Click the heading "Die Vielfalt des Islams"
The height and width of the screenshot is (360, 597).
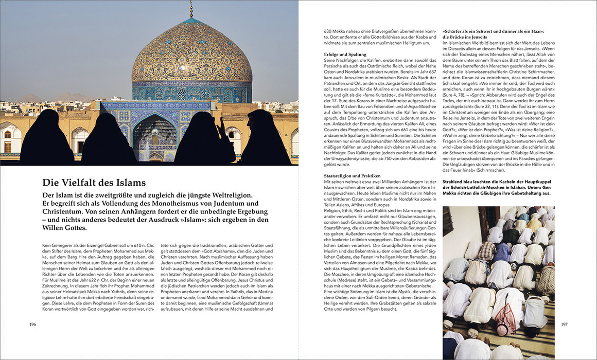coord(94,182)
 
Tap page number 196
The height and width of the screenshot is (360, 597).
coord(32,325)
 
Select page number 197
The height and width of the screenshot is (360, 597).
coord(564,325)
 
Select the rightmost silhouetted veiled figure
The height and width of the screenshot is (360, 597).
coord(266,139)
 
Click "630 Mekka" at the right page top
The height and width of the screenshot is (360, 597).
coord(336,31)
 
